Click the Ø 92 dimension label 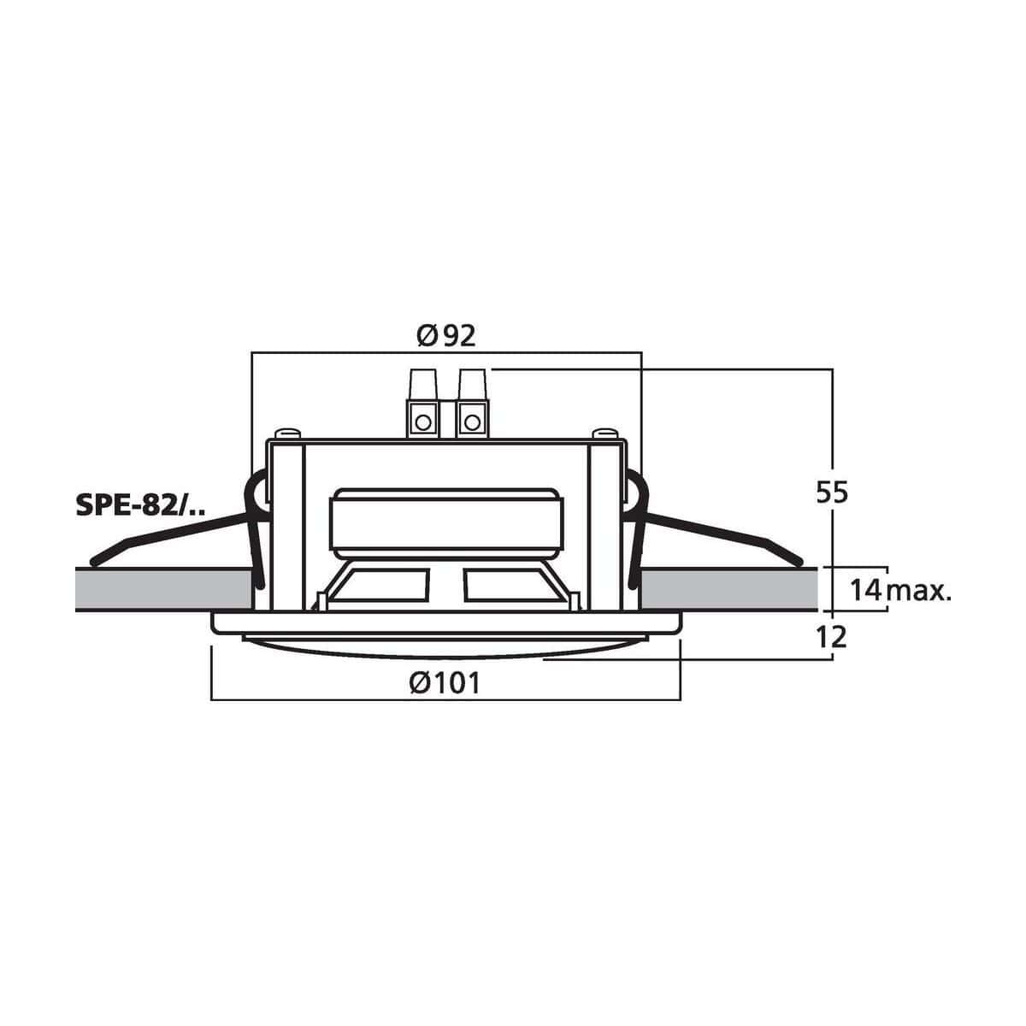(x=446, y=336)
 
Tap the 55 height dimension (x=832, y=493)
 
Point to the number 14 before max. (x=866, y=590)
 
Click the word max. (x=919, y=592)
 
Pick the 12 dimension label (x=832, y=637)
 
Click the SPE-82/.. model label (x=142, y=505)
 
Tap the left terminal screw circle (x=423, y=422)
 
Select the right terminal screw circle (x=472, y=422)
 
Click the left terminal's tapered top (x=423, y=385)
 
